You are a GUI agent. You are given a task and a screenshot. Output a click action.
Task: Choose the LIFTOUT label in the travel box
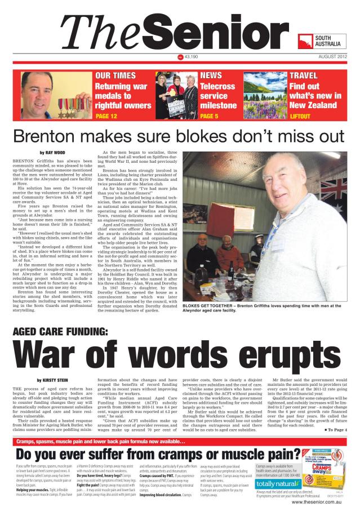coord(300,116)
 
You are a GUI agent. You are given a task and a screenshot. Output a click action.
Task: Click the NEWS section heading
coord(211,75)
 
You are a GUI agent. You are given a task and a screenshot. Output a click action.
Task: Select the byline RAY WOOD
coord(57,153)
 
